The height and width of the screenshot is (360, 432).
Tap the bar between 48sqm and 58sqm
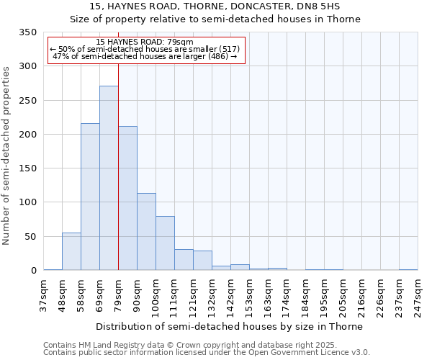point(71,252)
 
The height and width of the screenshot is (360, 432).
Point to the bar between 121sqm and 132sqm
point(202,261)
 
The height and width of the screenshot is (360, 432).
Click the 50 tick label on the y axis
point(30,237)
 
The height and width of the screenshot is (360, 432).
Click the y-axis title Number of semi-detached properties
point(6,156)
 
